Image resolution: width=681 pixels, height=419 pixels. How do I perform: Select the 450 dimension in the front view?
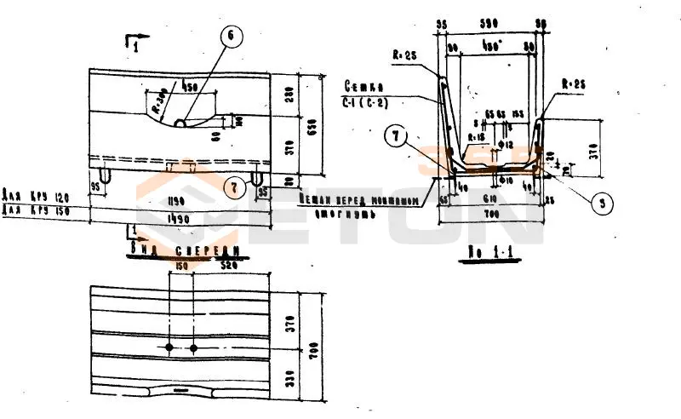[x=190, y=87]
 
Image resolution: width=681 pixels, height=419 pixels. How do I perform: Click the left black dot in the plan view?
[x=171, y=348]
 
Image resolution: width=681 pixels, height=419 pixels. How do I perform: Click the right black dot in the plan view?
[x=194, y=348]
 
